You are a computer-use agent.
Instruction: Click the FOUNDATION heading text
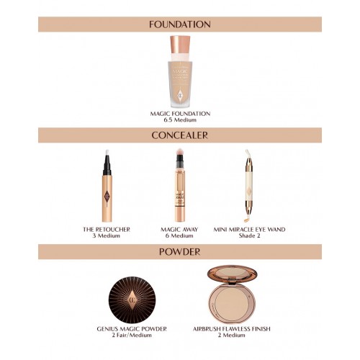180,24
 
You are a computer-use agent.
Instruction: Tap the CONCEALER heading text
180,135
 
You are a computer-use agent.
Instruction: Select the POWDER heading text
180,252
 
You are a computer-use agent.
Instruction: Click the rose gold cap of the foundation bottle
180,45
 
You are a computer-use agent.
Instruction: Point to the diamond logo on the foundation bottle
180,94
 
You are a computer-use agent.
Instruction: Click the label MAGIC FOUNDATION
180,114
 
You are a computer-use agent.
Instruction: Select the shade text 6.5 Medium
180,120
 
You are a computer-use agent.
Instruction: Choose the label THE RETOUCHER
107,230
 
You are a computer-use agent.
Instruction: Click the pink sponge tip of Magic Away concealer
180,152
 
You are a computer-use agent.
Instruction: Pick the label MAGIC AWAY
179,230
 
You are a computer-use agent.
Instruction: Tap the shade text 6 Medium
179,235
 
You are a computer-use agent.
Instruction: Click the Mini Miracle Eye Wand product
248,185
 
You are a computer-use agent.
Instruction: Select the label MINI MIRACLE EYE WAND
250,230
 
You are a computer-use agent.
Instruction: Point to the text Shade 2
250,235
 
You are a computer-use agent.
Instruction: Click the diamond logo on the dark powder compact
132,300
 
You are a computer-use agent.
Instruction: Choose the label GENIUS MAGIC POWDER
132,329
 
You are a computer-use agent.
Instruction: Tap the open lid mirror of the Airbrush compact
232,274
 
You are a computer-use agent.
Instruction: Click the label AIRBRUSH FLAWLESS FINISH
232,329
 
